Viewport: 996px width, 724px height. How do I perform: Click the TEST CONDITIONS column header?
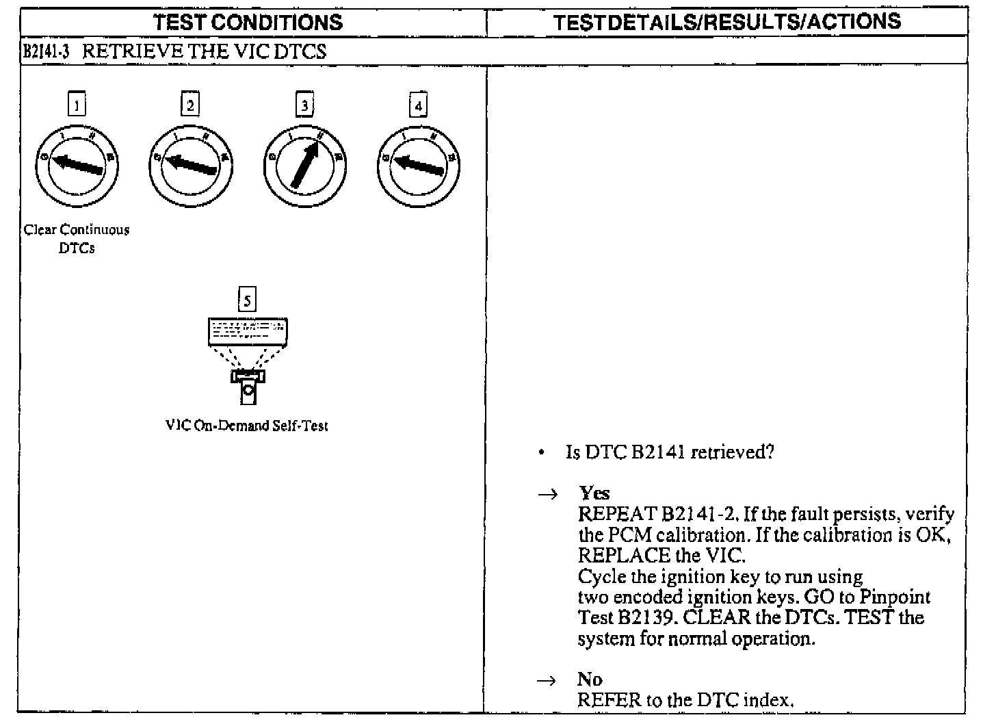(x=248, y=22)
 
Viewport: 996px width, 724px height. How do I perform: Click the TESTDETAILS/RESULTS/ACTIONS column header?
(x=726, y=22)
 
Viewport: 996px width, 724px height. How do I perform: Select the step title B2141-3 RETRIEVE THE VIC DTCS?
(x=174, y=51)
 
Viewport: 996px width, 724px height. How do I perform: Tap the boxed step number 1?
(x=77, y=105)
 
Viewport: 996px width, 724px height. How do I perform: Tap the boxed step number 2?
(x=190, y=105)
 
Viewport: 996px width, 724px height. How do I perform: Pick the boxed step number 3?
(x=304, y=105)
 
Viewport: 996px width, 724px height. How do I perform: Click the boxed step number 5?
(x=247, y=300)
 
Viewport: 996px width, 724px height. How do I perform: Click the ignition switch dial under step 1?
(x=77, y=165)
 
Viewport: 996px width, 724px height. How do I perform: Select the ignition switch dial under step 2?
(x=190, y=165)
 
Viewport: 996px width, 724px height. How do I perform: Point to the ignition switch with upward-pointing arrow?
(x=304, y=165)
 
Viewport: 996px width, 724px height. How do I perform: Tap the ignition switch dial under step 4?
(x=418, y=165)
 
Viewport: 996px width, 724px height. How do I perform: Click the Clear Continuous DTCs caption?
(x=77, y=239)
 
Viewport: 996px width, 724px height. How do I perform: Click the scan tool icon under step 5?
(x=248, y=359)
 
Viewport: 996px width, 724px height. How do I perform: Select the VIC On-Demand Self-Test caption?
(x=247, y=426)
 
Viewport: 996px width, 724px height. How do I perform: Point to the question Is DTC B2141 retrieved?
(x=670, y=452)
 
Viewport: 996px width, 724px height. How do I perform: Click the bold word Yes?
(x=594, y=493)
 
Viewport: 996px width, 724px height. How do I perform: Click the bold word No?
(x=589, y=679)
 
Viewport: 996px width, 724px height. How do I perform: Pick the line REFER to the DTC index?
(x=685, y=700)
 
